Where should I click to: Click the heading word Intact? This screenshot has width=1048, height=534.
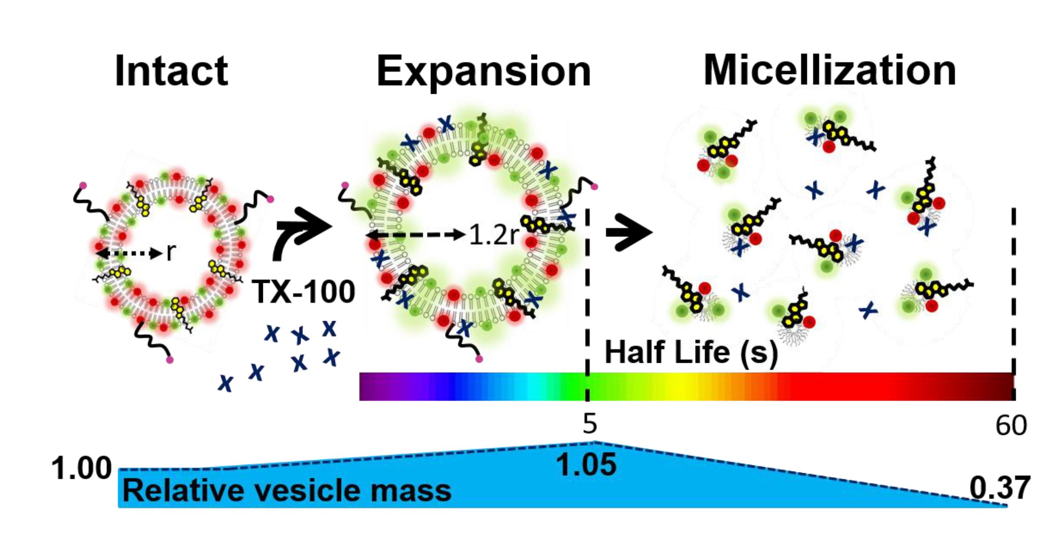click(171, 71)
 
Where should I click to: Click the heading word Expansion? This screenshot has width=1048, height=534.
click(483, 71)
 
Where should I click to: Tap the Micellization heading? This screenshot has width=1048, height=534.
click(829, 71)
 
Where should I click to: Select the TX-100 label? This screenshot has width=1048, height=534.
click(304, 292)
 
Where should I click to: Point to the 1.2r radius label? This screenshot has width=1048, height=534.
click(494, 235)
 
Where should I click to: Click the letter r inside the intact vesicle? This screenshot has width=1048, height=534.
click(171, 252)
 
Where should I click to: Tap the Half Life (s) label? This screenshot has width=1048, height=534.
click(691, 352)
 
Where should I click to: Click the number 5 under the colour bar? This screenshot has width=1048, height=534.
click(590, 424)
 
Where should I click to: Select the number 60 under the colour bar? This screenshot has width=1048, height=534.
click(1011, 425)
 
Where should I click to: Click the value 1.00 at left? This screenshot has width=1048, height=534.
click(81, 468)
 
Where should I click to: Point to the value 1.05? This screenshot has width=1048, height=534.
click(586, 464)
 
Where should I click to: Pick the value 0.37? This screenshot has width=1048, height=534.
click(1000, 488)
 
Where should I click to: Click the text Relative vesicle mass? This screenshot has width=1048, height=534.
click(287, 491)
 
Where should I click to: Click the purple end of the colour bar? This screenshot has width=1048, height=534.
click(369, 386)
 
